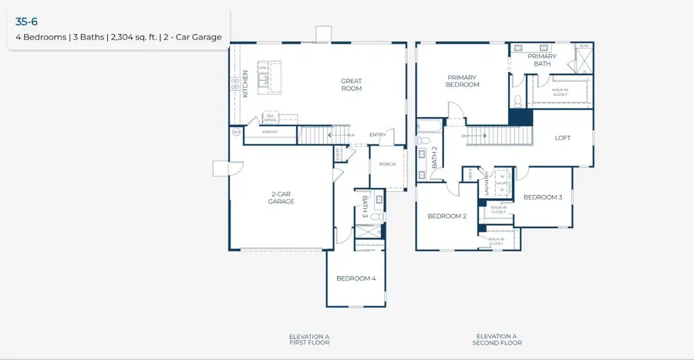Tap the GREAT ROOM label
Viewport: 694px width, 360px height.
click(x=352, y=85)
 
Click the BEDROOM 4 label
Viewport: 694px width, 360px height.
click(x=356, y=278)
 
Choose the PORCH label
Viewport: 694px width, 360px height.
click(x=387, y=164)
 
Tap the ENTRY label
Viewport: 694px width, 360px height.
click(x=377, y=136)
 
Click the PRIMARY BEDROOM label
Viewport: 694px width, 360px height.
click(x=463, y=81)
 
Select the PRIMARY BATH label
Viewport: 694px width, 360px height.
click(x=542, y=60)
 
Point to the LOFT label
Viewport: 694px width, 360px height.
click(x=563, y=139)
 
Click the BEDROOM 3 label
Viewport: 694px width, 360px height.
click(x=543, y=197)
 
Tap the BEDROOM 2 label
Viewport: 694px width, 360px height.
click(x=447, y=217)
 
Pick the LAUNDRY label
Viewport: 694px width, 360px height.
click(x=487, y=184)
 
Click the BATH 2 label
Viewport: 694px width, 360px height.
click(x=435, y=157)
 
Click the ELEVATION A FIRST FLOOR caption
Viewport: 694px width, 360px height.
click(x=309, y=339)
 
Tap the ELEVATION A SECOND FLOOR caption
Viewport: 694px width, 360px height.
click(x=496, y=339)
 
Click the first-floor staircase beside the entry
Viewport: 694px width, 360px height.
click(x=314, y=136)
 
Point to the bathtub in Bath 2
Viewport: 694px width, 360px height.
click(x=430, y=126)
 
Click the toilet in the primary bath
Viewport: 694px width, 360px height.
click(x=517, y=101)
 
